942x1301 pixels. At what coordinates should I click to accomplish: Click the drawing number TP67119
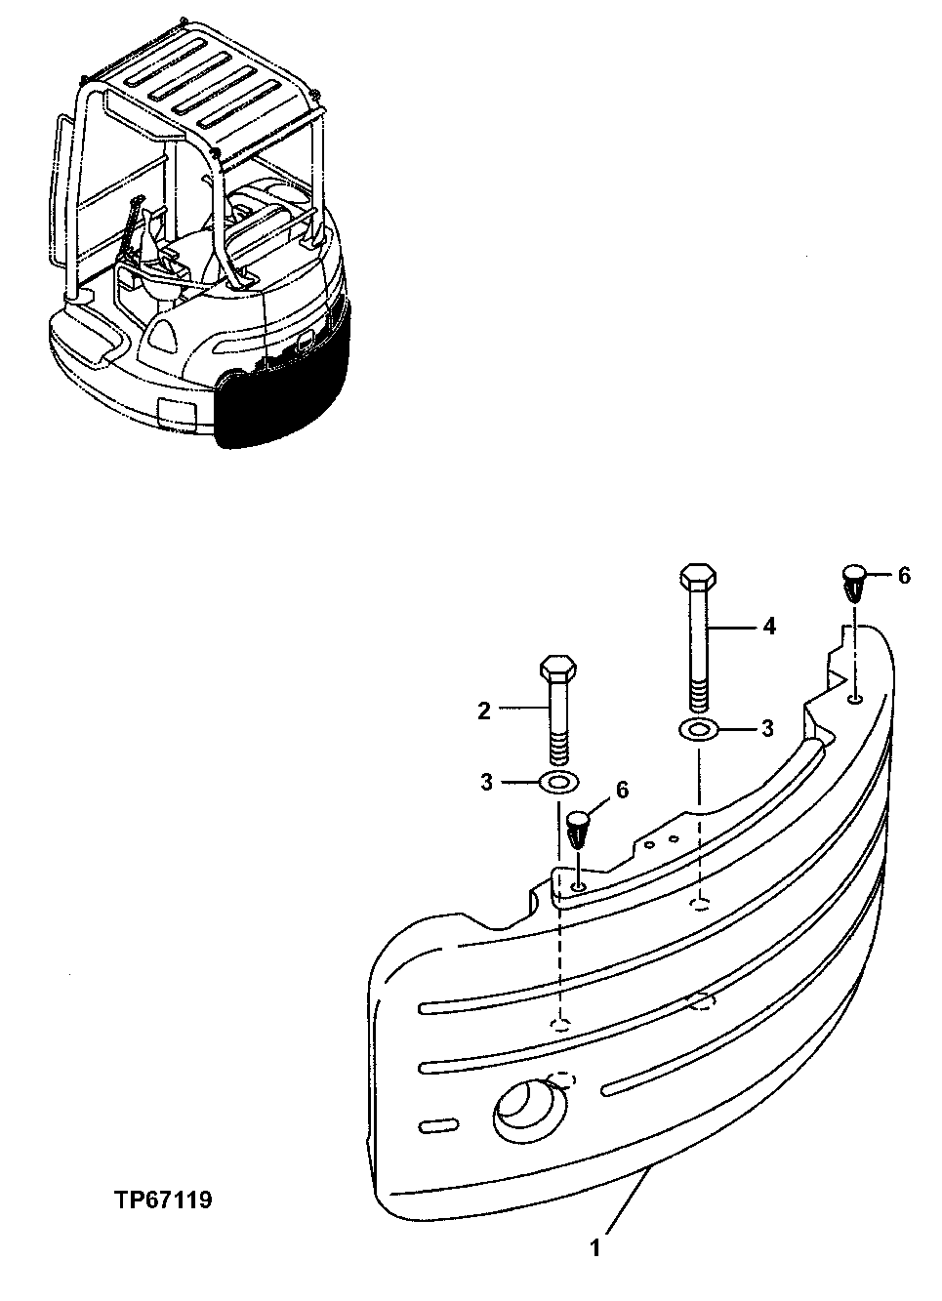pyautogui.click(x=160, y=1199)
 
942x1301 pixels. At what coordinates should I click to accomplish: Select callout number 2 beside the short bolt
pyautogui.click(x=483, y=711)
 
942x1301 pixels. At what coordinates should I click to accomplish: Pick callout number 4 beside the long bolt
pyautogui.click(x=769, y=626)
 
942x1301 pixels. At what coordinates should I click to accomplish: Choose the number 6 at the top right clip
pyautogui.click(x=904, y=576)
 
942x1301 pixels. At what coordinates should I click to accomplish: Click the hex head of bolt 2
pyautogui.click(x=558, y=671)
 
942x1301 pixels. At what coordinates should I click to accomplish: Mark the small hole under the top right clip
pyautogui.click(x=855, y=698)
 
